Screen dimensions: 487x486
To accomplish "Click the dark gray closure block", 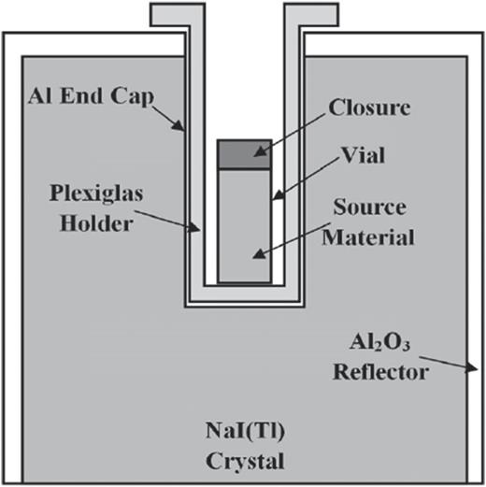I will point(244,154).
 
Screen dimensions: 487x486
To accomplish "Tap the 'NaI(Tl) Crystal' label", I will point(244,446).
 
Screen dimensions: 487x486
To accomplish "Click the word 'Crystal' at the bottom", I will point(244,460).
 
